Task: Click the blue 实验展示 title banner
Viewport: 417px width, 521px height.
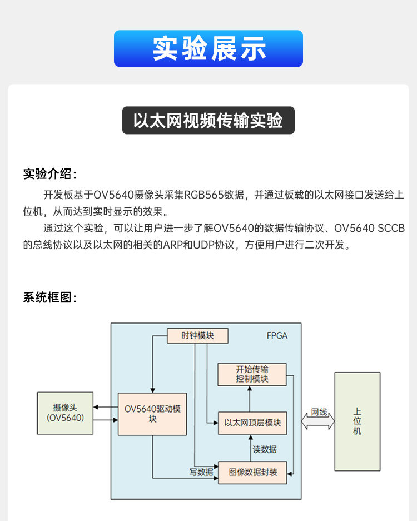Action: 209,48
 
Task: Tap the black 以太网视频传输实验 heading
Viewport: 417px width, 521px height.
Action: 209,121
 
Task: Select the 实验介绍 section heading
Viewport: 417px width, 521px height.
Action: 49,173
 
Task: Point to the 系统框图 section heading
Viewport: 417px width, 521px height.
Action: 49,297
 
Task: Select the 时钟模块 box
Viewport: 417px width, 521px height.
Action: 197,336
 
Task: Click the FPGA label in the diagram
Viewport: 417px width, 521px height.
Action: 277,336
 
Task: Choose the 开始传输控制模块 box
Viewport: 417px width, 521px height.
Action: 252,374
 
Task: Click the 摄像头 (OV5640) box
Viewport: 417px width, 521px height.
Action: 65,413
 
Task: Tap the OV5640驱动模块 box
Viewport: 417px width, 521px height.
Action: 152,414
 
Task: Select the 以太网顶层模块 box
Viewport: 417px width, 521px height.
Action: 252,423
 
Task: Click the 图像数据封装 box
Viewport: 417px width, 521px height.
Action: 253,472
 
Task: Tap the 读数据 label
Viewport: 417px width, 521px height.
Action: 264,449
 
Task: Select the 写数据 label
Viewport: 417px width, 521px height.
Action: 201,472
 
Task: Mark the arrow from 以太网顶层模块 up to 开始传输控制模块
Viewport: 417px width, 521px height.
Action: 250,399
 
